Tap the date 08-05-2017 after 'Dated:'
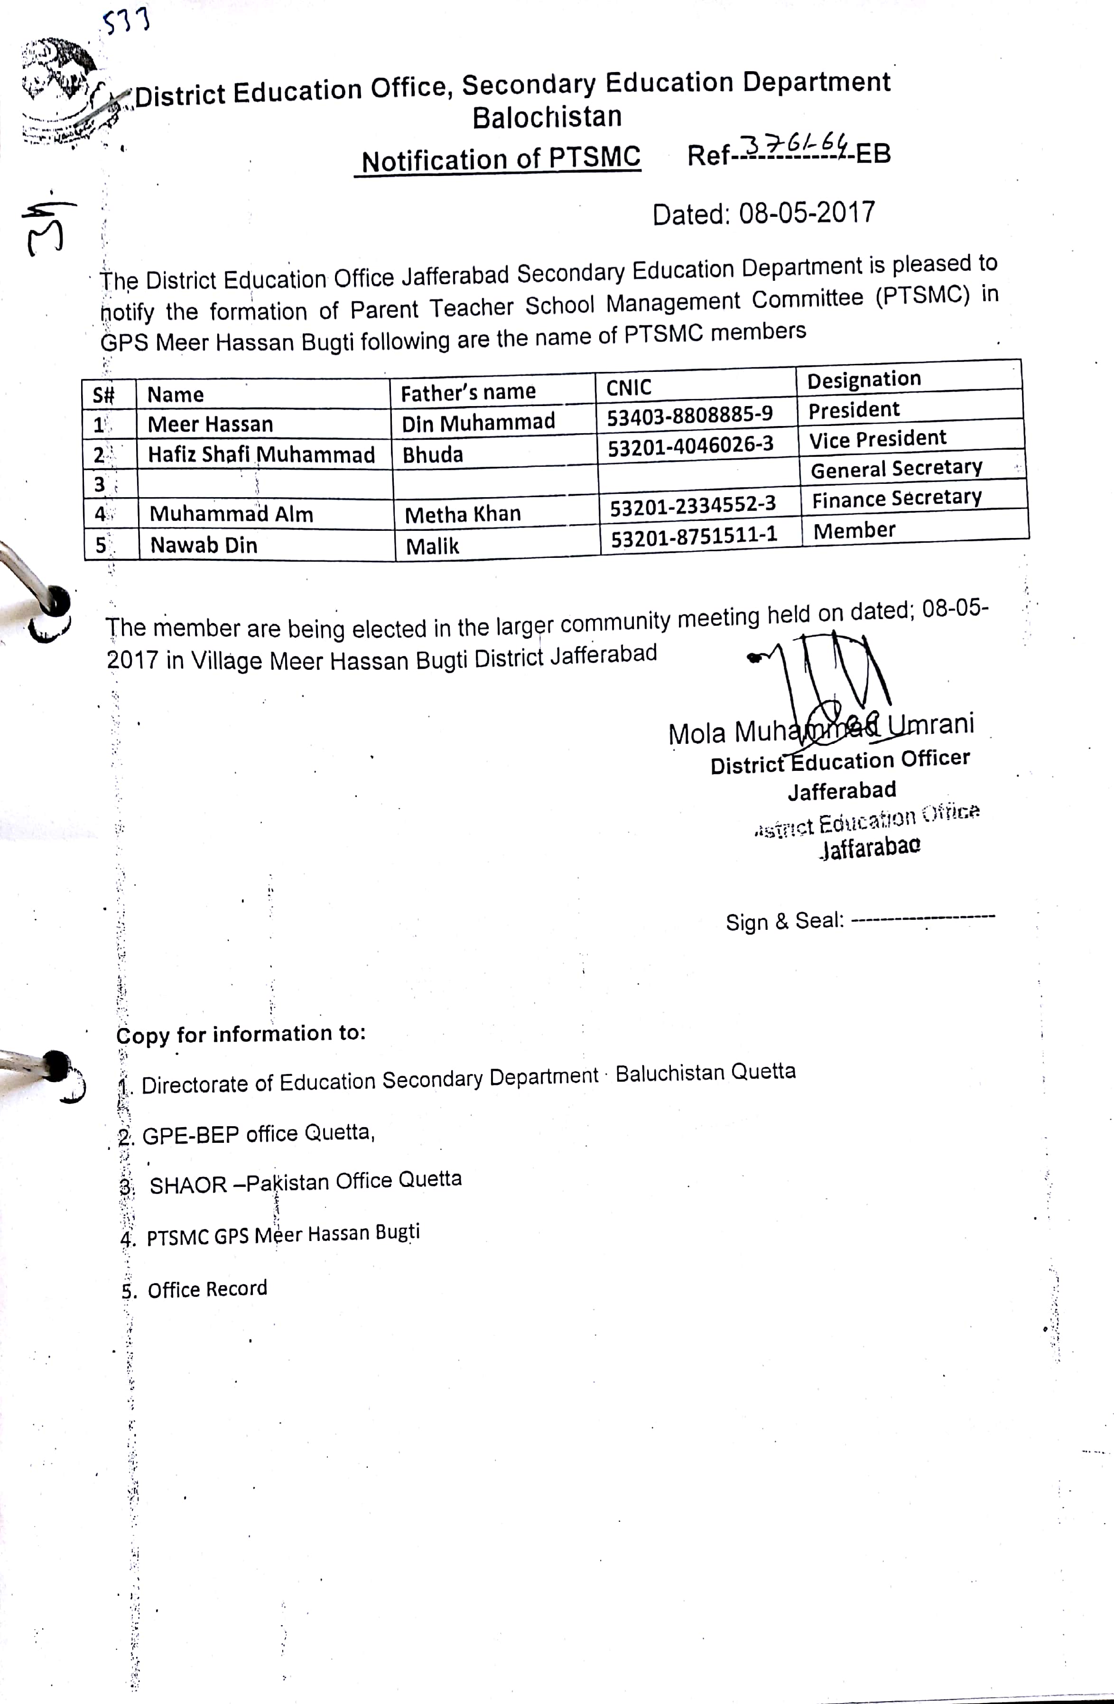tap(806, 213)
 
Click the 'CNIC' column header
tap(629, 388)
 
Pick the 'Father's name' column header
tap(467, 392)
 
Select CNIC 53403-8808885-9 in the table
tap(689, 415)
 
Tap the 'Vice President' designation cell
tap(877, 439)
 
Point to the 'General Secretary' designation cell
tap(896, 468)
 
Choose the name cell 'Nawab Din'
tap(204, 546)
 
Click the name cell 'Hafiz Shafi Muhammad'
tap(261, 454)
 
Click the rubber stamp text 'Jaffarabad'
tap(870, 848)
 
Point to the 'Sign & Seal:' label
tap(785, 921)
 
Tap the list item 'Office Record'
tap(207, 1289)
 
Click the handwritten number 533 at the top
tap(126, 21)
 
